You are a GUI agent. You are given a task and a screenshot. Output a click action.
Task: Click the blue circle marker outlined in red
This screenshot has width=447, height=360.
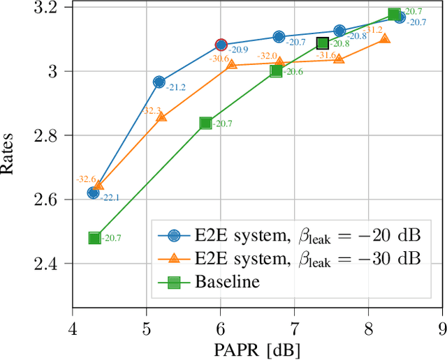pos(221,45)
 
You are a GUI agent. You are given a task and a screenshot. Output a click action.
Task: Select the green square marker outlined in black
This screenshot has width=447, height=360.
pos(323,43)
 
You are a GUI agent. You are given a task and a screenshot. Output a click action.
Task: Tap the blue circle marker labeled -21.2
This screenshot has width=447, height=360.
pos(159,82)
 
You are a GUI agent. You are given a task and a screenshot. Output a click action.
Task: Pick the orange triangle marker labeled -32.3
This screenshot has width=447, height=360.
pos(161,117)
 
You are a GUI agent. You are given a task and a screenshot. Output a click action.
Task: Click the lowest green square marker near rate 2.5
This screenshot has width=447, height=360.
pos(95,238)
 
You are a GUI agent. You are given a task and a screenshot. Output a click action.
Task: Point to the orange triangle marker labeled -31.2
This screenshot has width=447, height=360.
pos(385,39)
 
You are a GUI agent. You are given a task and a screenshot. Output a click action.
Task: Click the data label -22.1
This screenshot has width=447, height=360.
pos(110,198)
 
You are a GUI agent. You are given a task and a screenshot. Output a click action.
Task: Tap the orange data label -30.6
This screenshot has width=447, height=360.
pos(219,59)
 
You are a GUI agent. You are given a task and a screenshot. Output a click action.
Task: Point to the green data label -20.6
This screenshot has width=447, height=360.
pos(293,72)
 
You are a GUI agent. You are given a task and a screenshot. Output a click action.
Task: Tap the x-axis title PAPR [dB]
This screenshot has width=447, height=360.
pos(258,347)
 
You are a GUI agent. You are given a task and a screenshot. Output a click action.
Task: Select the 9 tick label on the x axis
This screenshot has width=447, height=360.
pos(442,327)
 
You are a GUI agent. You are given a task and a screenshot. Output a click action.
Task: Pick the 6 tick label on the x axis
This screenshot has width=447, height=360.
pos(220,327)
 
